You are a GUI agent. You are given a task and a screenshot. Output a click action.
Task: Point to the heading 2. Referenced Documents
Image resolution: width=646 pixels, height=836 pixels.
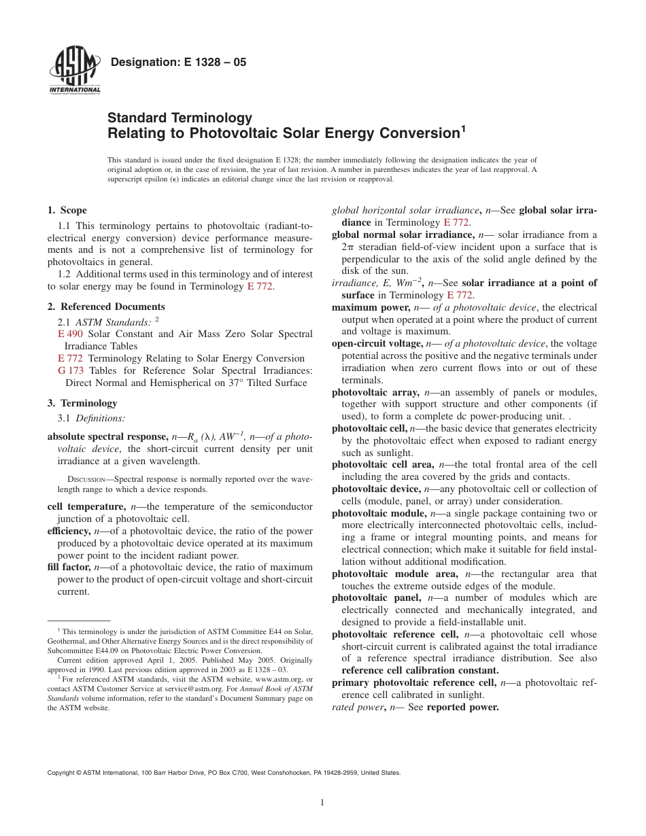[106, 307]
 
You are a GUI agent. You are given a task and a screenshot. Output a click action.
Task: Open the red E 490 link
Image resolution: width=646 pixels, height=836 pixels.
[71, 334]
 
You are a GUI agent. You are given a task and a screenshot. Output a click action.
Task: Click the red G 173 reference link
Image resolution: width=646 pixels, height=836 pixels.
[71, 370]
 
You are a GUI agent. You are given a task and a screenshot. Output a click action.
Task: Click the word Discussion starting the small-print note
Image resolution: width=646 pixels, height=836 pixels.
[78, 479]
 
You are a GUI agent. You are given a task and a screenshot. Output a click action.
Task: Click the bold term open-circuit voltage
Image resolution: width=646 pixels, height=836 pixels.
[376, 344]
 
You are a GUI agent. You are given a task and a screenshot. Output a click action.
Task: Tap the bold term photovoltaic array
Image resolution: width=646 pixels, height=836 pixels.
[374, 392]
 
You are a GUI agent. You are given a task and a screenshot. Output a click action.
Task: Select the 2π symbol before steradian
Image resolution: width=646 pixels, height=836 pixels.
[348, 247]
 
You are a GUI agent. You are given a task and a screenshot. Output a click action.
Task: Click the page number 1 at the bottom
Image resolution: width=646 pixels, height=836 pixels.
[322, 803]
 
